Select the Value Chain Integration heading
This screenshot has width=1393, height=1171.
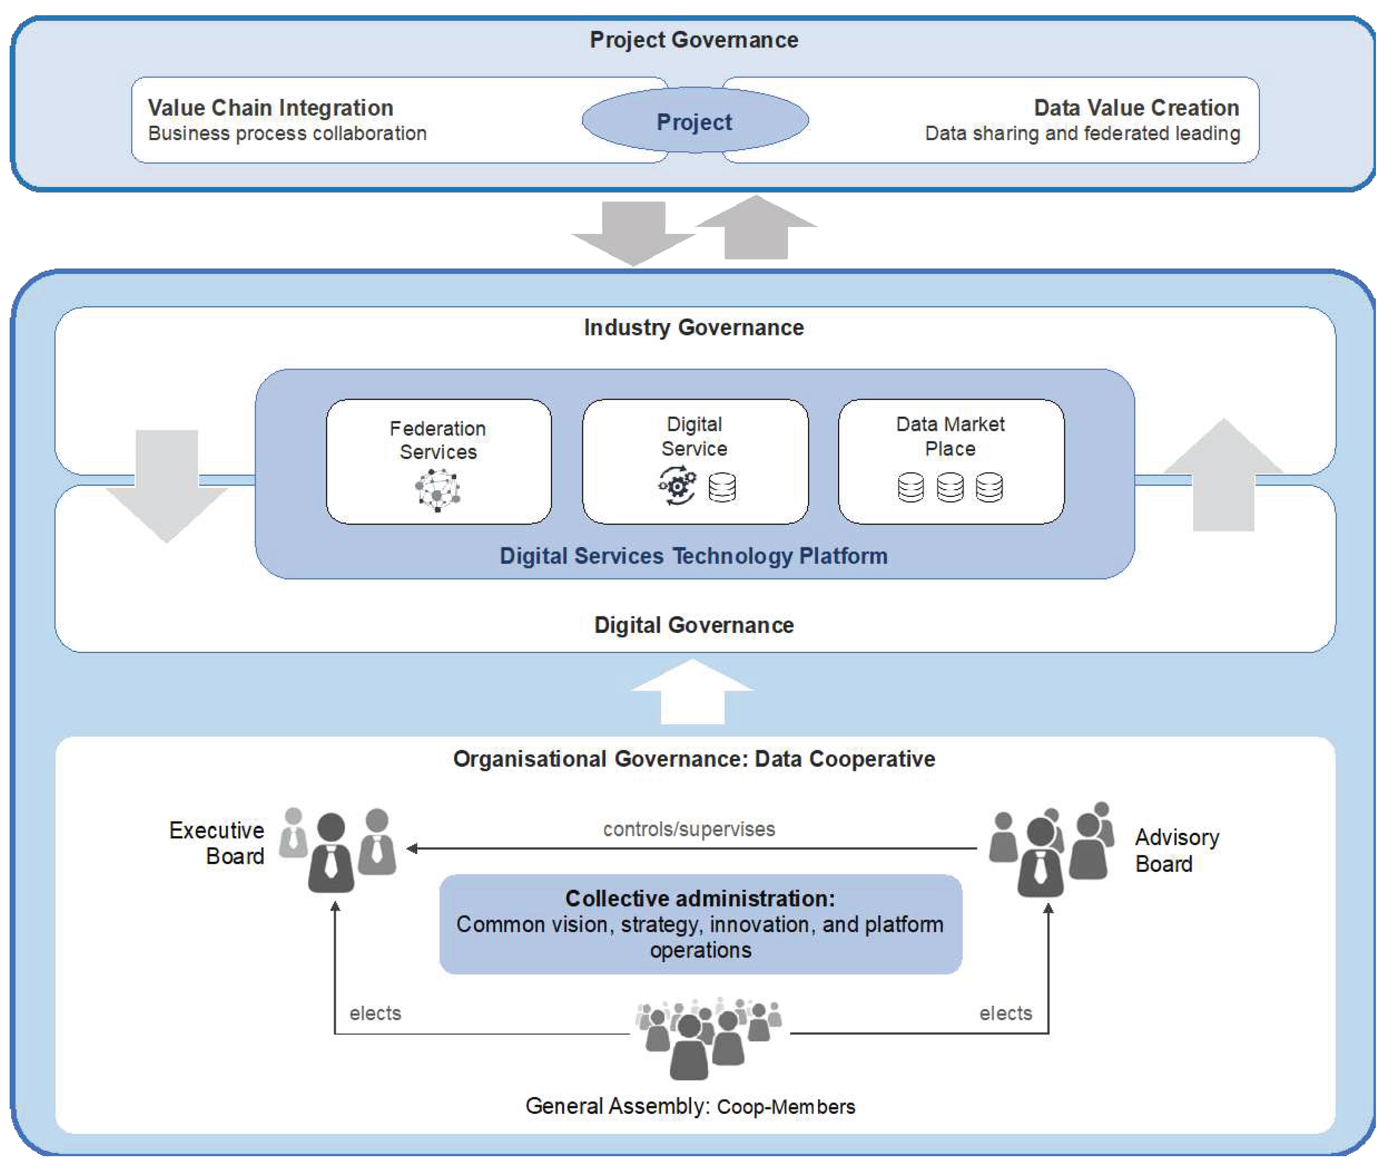tap(270, 108)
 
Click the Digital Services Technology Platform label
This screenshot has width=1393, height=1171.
tap(694, 555)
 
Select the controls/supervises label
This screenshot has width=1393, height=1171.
tap(689, 829)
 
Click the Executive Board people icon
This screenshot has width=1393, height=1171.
tap(337, 850)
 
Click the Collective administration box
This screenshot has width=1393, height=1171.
tap(700, 924)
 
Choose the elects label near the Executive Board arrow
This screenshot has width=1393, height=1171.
tap(375, 1013)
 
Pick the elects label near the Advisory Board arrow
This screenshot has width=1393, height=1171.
tap(1005, 1013)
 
